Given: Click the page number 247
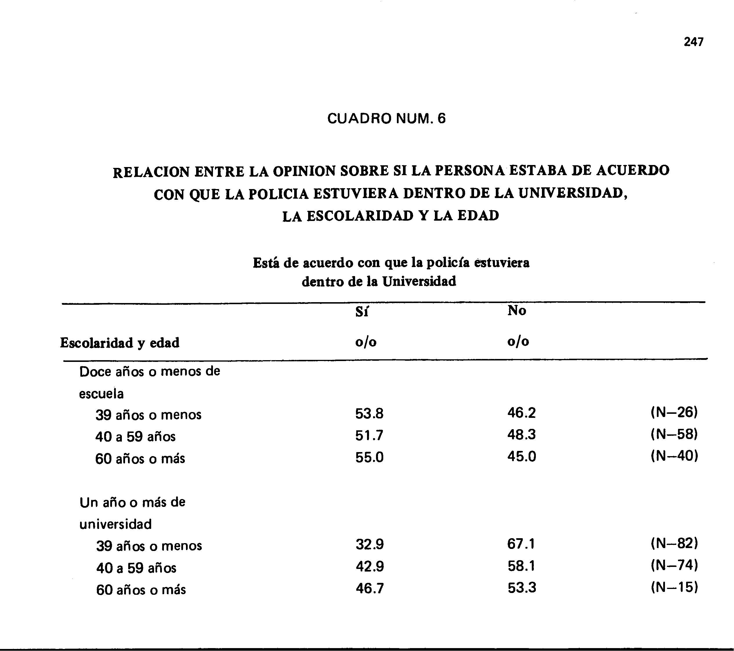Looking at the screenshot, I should [x=693, y=42].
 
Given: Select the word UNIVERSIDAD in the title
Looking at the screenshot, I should [x=572, y=194].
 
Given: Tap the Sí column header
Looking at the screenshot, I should [x=361, y=312].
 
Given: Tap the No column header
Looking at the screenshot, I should [x=517, y=311].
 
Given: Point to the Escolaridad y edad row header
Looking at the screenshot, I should [x=120, y=343].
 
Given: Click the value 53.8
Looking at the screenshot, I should [x=369, y=414].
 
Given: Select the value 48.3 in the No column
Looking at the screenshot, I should [x=521, y=435].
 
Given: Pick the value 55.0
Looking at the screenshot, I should [x=369, y=457].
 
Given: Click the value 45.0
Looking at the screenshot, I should [x=521, y=456].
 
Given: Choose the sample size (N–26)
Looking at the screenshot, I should [x=674, y=412].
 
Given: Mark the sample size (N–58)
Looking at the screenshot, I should [x=674, y=434].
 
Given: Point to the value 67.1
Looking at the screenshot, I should [x=521, y=544].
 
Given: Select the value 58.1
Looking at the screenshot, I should [x=521, y=566].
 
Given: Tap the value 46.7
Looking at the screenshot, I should [x=370, y=589].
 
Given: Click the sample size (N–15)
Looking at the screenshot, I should [x=674, y=587].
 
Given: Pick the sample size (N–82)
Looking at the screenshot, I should [x=674, y=544].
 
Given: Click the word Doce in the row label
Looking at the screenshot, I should [x=95, y=372].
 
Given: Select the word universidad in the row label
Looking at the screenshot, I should [x=116, y=524].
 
